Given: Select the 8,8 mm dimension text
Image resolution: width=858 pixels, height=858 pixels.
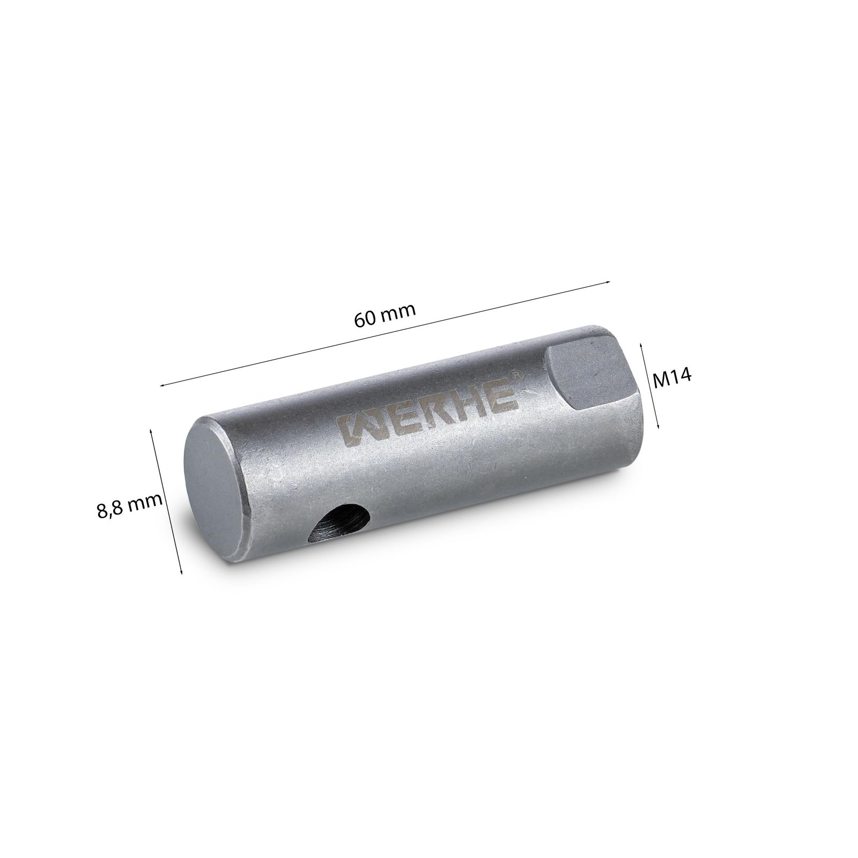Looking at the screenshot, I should coord(129,504).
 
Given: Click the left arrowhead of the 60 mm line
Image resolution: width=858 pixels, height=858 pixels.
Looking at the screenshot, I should coord(161,384).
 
